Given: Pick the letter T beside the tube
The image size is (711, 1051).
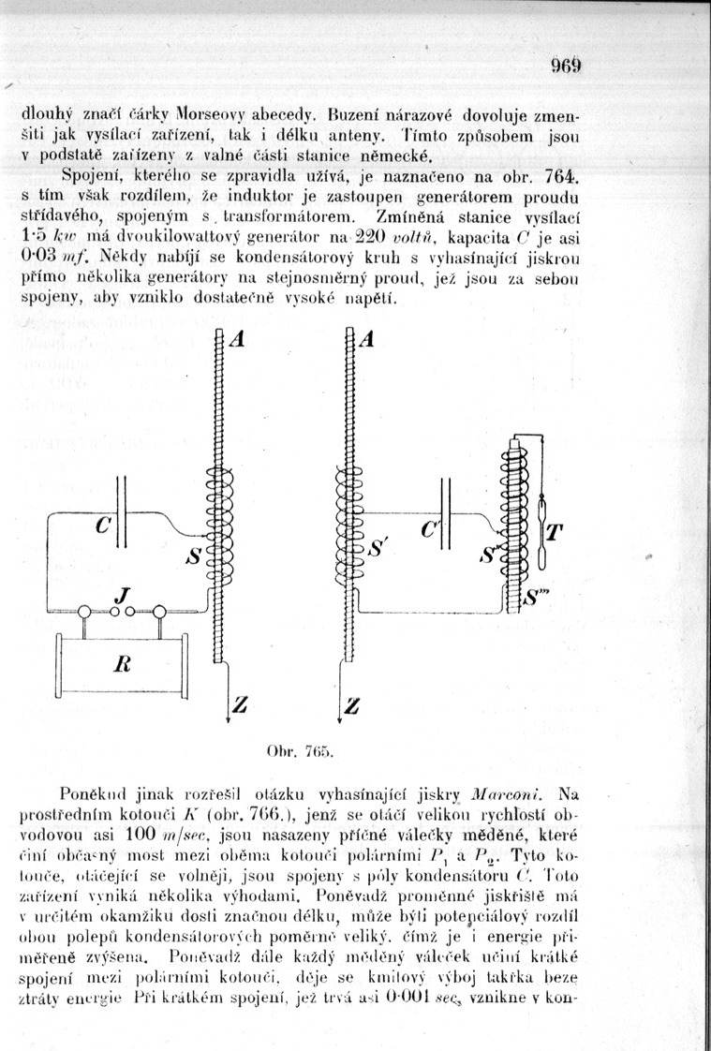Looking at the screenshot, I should tap(555, 533).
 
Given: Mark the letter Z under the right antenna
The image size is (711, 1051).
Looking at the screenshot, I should tap(353, 704).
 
